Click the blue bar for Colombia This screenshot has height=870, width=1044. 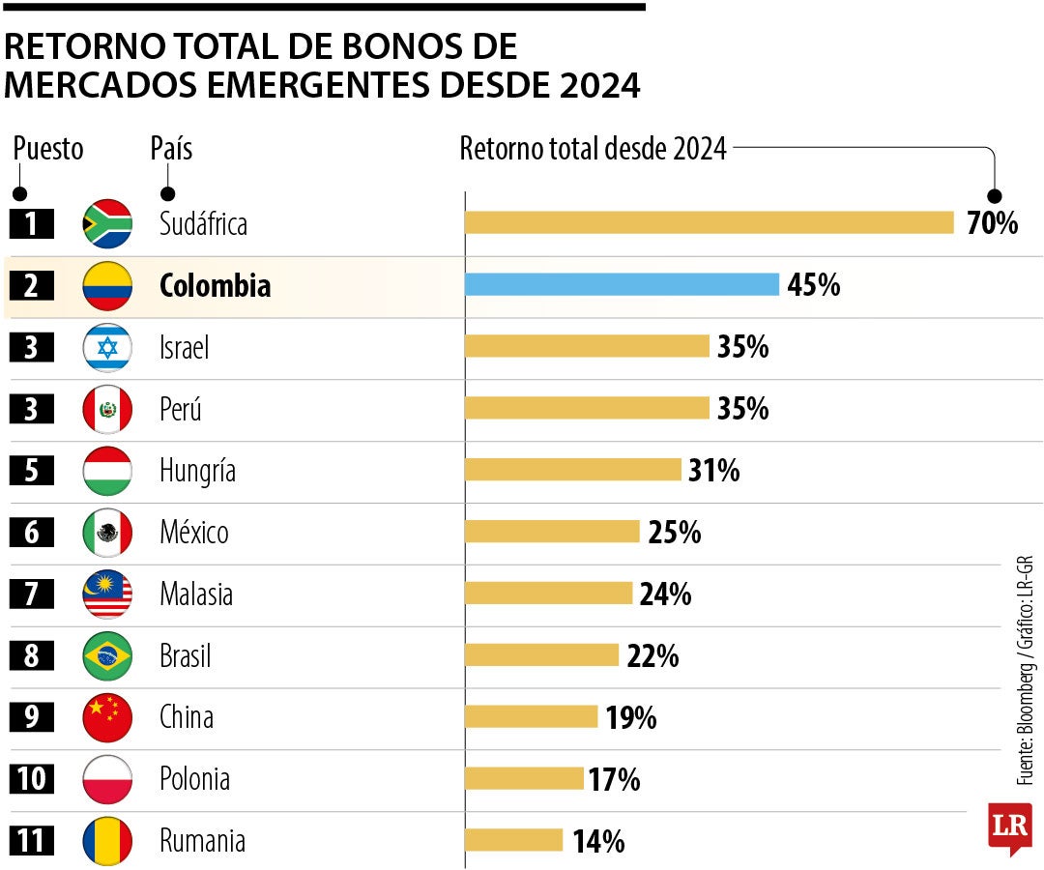coord(622,284)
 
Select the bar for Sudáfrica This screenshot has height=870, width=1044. coord(710,222)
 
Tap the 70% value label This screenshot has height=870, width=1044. coord(992,223)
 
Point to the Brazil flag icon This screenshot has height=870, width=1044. coord(107,655)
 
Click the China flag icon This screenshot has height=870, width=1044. coord(107,717)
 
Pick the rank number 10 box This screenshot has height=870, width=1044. coord(31,779)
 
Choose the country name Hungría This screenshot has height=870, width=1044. coord(198,471)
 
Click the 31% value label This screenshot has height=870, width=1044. coord(713,471)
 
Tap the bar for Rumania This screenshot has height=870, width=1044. coord(513,840)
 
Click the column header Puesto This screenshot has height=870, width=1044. coord(48,149)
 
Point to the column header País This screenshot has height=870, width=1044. coord(171,148)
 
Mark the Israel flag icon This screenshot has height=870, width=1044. coord(107,347)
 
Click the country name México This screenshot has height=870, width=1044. coord(194,532)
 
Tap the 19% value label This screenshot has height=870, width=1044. coord(631,717)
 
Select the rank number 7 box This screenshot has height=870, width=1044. coord(31,594)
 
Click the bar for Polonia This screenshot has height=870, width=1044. coord(524,778)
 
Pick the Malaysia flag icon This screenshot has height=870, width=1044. coord(107,594)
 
